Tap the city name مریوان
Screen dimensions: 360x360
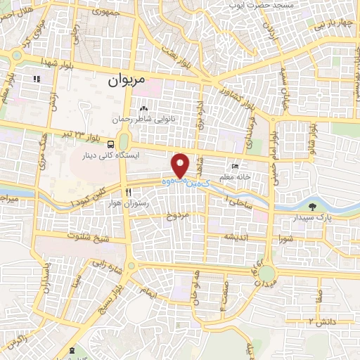(x=126, y=81)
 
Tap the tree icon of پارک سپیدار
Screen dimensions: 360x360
(x=312, y=208)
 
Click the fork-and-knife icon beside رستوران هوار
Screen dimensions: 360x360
(x=127, y=192)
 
